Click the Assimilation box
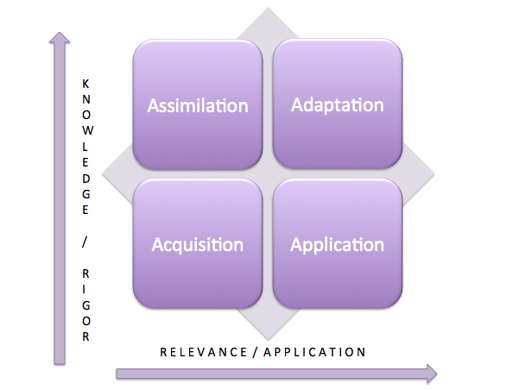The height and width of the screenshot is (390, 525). (x=198, y=105)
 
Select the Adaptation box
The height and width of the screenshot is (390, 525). (x=338, y=105)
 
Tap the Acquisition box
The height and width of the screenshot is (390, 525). (x=198, y=244)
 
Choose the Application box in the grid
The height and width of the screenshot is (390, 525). (x=338, y=244)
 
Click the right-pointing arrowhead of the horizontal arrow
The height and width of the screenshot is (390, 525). (x=430, y=373)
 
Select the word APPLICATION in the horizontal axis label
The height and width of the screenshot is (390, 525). (x=315, y=351)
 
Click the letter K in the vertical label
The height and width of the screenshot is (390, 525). (x=85, y=84)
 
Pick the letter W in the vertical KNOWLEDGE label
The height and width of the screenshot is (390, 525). (x=85, y=127)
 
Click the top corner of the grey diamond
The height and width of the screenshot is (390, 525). (x=269, y=9)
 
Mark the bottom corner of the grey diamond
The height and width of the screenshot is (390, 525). (x=269, y=339)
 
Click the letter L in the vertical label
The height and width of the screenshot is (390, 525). (x=85, y=141)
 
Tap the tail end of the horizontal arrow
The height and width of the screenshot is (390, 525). (x=118, y=373)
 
